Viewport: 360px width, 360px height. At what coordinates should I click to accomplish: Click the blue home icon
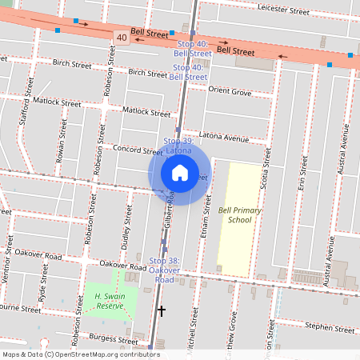[x=179, y=172]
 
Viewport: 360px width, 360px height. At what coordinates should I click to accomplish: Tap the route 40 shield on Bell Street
[x=121, y=38]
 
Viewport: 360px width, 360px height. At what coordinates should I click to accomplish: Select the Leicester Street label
[x=283, y=10]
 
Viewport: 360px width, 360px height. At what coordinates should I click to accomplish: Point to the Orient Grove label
[x=230, y=93]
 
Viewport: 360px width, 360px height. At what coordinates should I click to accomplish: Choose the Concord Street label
[x=114, y=149]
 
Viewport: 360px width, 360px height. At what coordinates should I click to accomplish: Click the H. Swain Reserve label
[x=109, y=301]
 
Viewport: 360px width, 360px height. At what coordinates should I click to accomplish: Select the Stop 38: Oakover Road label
[x=165, y=270]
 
